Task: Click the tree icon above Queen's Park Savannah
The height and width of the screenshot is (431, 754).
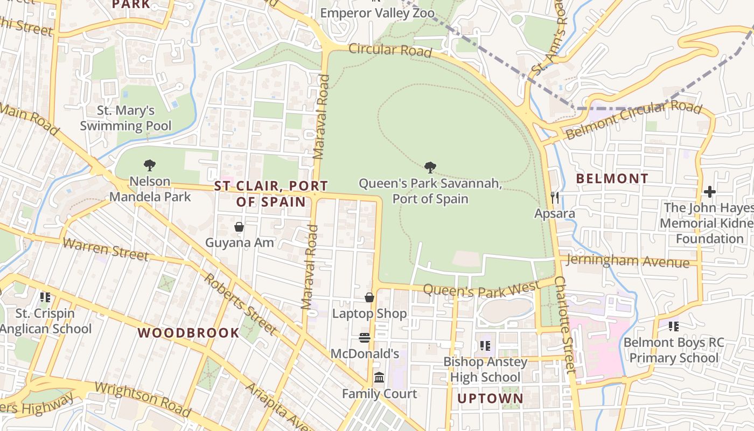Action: pyautogui.click(x=430, y=168)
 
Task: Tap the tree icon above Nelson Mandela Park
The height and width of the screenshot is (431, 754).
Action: pyautogui.click(x=150, y=165)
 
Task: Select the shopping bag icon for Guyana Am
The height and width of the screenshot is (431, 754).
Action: pyautogui.click(x=239, y=227)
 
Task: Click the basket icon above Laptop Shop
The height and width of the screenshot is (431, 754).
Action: pyautogui.click(x=369, y=297)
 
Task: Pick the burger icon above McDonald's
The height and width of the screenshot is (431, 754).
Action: pyautogui.click(x=365, y=338)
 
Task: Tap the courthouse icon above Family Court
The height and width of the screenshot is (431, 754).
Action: pyautogui.click(x=379, y=377)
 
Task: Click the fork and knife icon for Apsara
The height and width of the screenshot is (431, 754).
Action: pyautogui.click(x=555, y=198)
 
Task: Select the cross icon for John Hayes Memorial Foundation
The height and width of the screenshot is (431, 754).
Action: pyautogui.click(x=710, y=192)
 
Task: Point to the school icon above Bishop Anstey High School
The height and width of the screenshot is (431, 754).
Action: pyautogui.click(x=485, y=345)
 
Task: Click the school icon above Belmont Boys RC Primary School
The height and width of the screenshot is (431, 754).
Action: pyautogui.click(x=673, y=326)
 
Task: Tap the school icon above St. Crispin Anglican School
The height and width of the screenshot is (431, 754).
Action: pyautogui.click(x=45, y=297)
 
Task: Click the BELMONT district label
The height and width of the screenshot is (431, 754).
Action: pyautogui.click(x=612, y=178)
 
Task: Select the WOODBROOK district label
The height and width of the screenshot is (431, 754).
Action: pyautogui.click(x=188, y=333)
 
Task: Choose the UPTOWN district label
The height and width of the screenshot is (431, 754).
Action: pyautogui.click(x=490, y=399)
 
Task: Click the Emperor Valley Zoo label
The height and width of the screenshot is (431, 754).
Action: pyautogui.click(x=377, y=13)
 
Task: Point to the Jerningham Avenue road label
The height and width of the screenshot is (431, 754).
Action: pyautogui.click(x=628, y=261)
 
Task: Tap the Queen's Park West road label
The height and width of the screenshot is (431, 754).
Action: pyautogui.click(x=480, y=289)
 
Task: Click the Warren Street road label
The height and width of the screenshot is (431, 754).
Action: pyautogui.click(x=105, y=248)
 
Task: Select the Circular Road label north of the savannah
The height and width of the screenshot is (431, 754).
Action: pyautogui.click(x=390, y=50)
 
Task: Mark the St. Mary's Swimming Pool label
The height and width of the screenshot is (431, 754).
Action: pyautogui.click(x=125, y=119)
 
